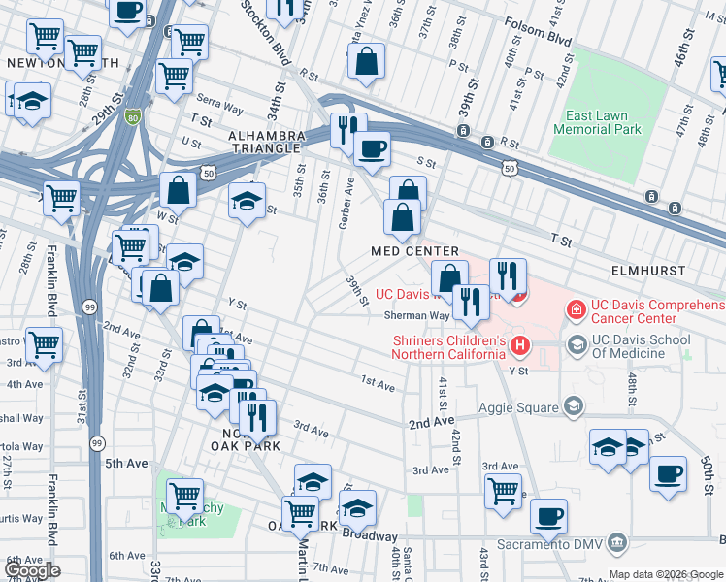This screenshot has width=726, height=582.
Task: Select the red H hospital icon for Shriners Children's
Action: (522, 344)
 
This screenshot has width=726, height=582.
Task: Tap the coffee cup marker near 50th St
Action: (668, 473)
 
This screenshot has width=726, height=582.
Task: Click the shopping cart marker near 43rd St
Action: (503, 490)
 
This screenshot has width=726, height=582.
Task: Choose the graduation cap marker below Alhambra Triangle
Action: (247, 201)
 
